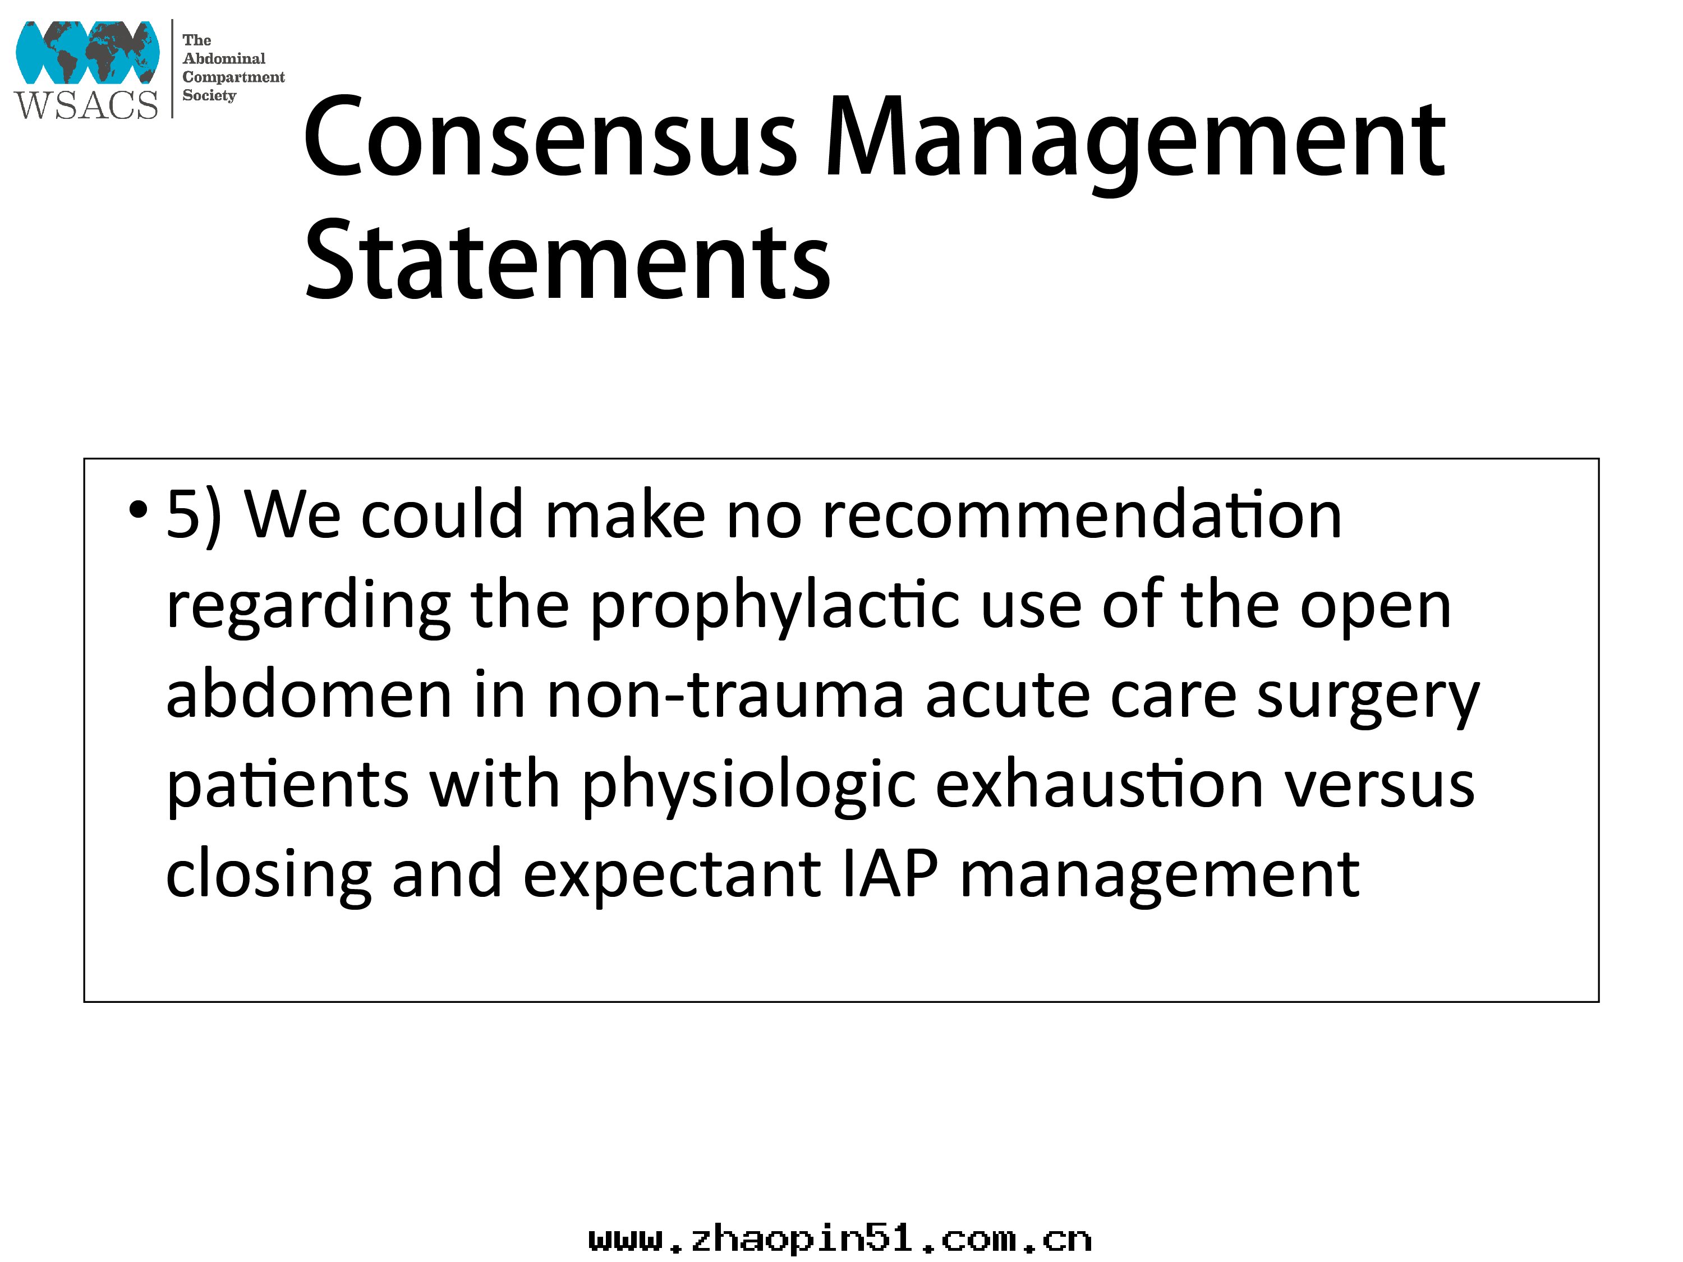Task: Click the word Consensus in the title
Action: click(551, 139)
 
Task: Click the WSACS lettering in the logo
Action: click(86, 104)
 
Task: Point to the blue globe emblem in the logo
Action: click(88, 52)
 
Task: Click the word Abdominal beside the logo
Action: click(224, 58)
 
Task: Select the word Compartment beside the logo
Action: click(233, 77)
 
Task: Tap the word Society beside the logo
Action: click(209, 96)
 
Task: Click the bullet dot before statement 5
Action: click(137, 509)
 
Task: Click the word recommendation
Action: click(1082, 515)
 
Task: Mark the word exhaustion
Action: click(1100, 784)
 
